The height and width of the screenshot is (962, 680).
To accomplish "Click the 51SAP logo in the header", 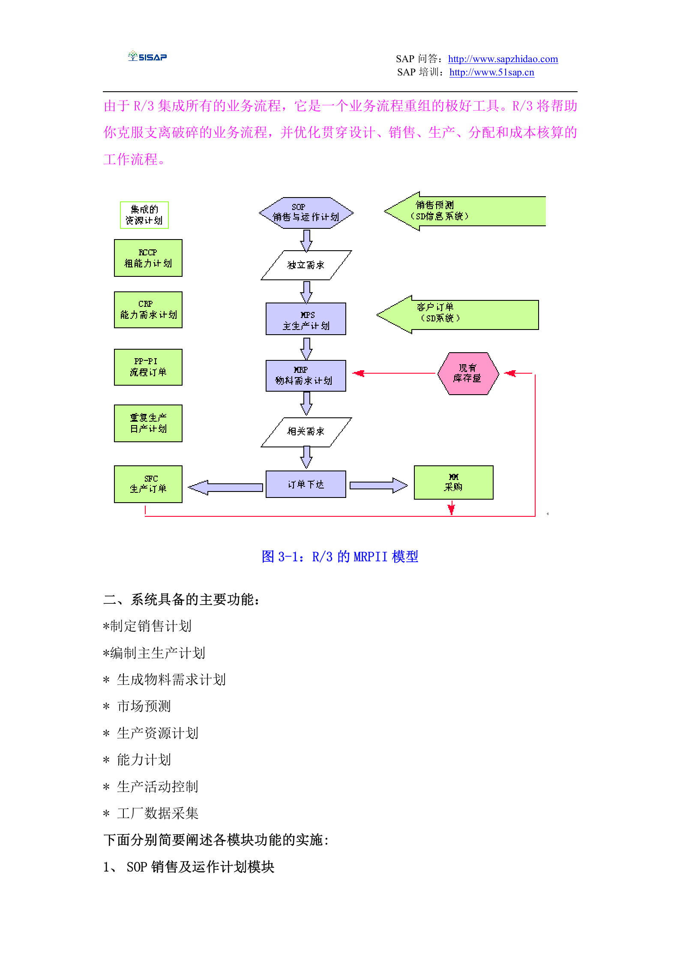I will point(147,57).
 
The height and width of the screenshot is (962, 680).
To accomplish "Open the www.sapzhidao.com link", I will point(503,59).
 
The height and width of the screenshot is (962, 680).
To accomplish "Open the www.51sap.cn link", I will point(491,72).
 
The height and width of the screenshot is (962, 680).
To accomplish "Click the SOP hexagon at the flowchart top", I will point(306,213).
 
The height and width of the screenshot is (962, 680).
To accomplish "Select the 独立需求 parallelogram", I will point(306,265).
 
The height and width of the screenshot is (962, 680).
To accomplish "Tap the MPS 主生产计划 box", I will point(306,319).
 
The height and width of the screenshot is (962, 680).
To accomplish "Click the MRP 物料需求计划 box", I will point(306,376).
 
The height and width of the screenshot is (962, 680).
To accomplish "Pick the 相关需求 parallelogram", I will point(306,432).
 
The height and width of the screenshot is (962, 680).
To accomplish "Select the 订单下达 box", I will point(306,484).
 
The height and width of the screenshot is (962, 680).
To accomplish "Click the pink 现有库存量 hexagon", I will point(468,374).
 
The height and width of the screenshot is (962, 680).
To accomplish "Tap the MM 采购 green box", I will point(453,482).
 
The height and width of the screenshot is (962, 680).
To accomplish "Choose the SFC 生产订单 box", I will point(148,484).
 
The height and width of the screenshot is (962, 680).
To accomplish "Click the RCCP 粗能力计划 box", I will point(148,258).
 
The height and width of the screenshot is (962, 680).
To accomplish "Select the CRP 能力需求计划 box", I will point(148,310).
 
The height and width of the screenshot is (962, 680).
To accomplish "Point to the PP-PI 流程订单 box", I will point(148,367).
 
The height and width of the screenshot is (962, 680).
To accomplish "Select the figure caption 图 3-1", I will point(340,557).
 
